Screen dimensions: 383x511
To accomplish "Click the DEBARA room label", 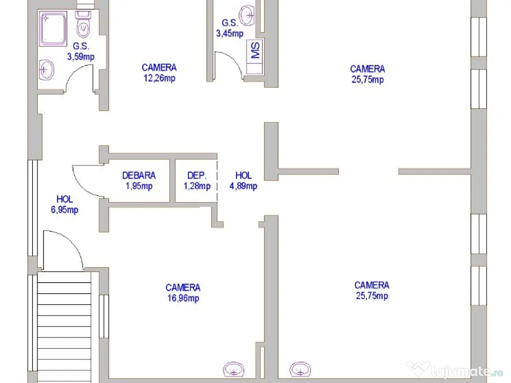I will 139,176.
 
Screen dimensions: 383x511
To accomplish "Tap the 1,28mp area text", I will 197,187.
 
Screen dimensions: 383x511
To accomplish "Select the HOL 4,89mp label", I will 244,181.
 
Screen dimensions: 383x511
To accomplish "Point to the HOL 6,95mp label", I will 64,204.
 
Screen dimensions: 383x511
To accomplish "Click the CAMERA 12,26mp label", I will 159,72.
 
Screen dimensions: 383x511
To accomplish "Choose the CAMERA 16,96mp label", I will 183,293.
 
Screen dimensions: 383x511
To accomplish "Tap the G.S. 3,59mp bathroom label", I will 80,52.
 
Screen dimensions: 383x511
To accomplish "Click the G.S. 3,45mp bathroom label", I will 230,28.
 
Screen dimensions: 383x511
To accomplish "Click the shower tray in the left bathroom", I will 56,29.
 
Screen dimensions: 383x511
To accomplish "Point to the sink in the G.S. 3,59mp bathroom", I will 46,70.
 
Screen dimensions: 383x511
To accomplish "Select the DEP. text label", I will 196,176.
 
